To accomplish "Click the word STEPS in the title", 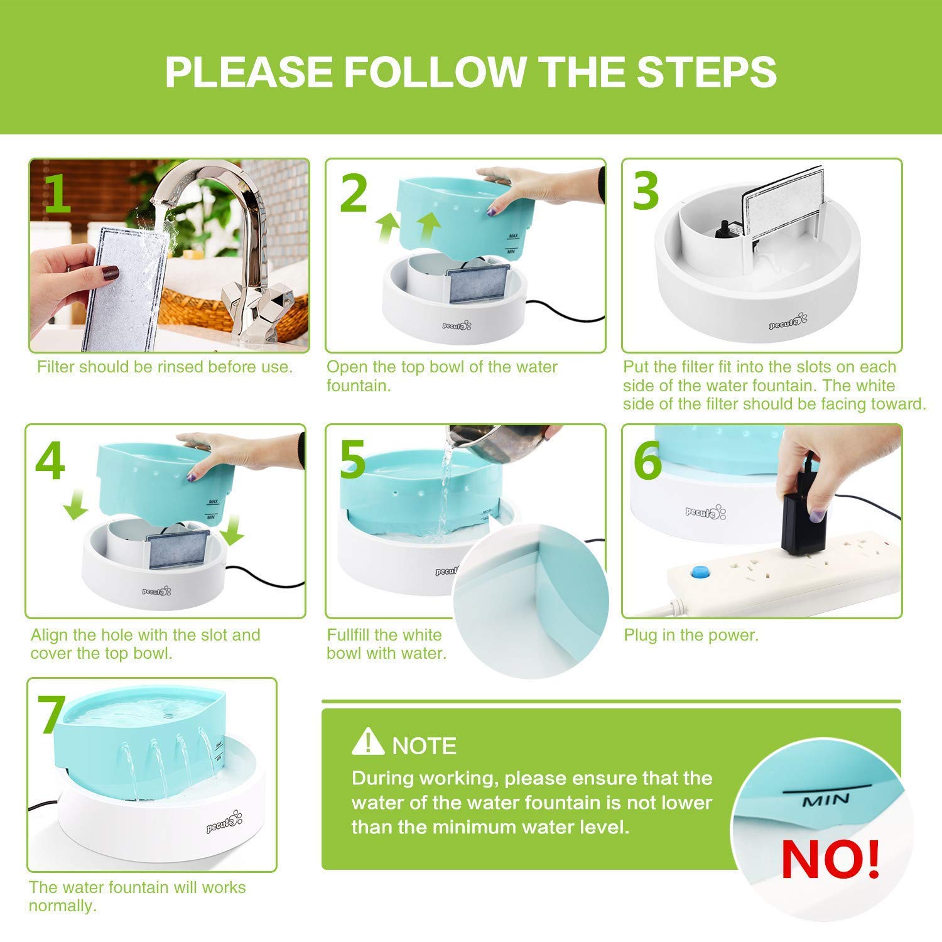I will [706, 72].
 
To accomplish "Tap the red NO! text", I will [830, 859].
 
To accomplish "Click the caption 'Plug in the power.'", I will [691, 635].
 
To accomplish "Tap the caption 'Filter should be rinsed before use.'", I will [165, 367].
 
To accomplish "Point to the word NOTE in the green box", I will [424, 745].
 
